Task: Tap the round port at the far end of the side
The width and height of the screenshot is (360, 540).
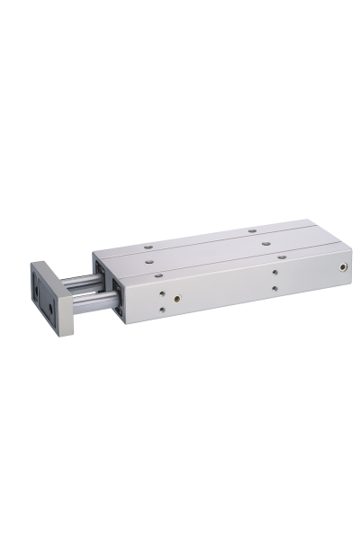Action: tap(343, 267)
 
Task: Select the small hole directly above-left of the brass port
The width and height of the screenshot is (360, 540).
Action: tap(161, 292)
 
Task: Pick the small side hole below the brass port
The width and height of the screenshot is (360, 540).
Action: tap(163, 310)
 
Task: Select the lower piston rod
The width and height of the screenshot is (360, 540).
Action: tap(90, 304)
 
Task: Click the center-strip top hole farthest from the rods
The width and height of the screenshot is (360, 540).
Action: tap(265, 241)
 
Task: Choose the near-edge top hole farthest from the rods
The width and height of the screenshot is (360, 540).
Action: tap(282, 256)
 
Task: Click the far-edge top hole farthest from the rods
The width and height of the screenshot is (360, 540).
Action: tap(252, 230)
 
